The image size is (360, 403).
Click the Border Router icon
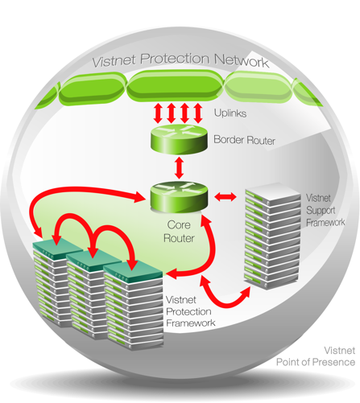coord(179,139)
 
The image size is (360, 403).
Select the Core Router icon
coord(179,197)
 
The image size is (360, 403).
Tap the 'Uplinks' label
coord(230,113)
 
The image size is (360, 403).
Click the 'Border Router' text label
coord(244,140)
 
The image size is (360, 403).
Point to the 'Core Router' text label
coord(179,232)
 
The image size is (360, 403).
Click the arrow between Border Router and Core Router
coord(179,168)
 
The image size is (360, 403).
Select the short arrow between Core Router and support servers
coord(226,197)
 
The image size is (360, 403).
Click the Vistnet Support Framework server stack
coord(272,236)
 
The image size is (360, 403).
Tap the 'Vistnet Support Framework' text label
coord(325,210)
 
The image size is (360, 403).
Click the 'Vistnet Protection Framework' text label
coord(191,311)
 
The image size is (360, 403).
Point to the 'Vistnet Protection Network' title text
coord(180,60)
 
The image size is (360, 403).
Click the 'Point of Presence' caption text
coord(316,362)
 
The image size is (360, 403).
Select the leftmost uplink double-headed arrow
coord(158,113)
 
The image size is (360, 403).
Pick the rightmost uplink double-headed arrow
coord(198,113)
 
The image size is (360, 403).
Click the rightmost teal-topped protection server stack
coord(134,306)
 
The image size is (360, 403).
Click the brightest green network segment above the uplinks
coord(175,86)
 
